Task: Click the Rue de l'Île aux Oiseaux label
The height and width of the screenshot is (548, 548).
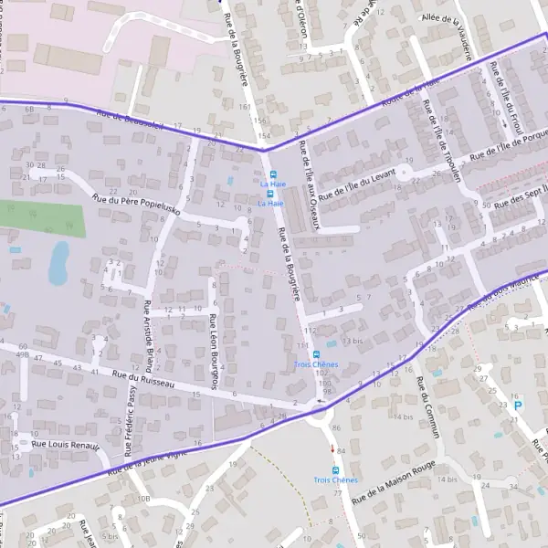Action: point(308,188)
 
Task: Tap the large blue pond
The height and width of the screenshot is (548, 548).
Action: point(58,262)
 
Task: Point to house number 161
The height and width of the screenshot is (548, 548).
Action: point(245,107)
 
